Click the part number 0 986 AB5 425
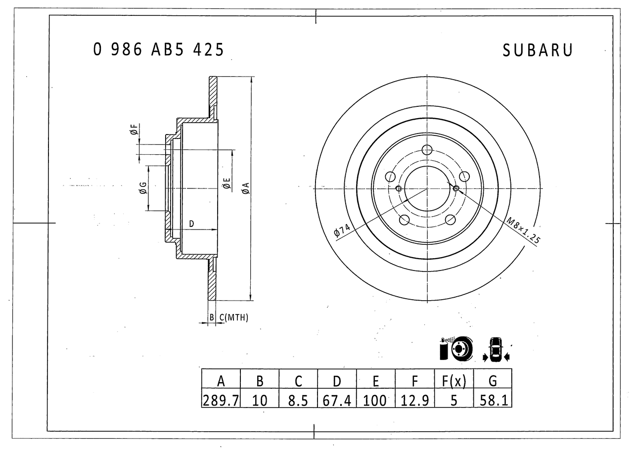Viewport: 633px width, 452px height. pyautogui.click(x=158, y=49)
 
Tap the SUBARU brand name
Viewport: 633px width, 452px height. pyautogui.click(x=538, y=50)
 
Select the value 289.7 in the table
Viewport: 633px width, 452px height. pyautogui.click(x=221, y=400)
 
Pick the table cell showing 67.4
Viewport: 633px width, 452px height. pyautogui.click(x=337, y=400)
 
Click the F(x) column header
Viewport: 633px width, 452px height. pyautogui.click(x=453, y=381)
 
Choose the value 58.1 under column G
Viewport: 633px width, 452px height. pyautogui.click(x=493, y=400)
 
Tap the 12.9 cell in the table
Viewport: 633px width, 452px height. pyautogui.click(x=414, y=400)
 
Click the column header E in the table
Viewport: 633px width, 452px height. pyautogui.click(x=376, y=381)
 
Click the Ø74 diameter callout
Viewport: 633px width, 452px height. pyautogui.click(x=342, y=231)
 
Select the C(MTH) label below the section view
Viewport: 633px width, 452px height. pyautogui.click(x=233, y=317)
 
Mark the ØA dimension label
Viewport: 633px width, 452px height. pyautogui.click(x=245, y=188)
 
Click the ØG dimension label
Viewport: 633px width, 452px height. pyautogui.click(x=142, y=187)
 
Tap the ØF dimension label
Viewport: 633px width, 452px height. pyautogui.click(x=134, y=130)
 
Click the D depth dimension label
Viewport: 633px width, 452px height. pyautogui.click(x=191, y=224)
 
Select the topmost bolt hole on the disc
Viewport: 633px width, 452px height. pyautogui.click(x=427, y=150)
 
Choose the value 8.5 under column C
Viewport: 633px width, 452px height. pyautogui.click(x=298, y=400)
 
